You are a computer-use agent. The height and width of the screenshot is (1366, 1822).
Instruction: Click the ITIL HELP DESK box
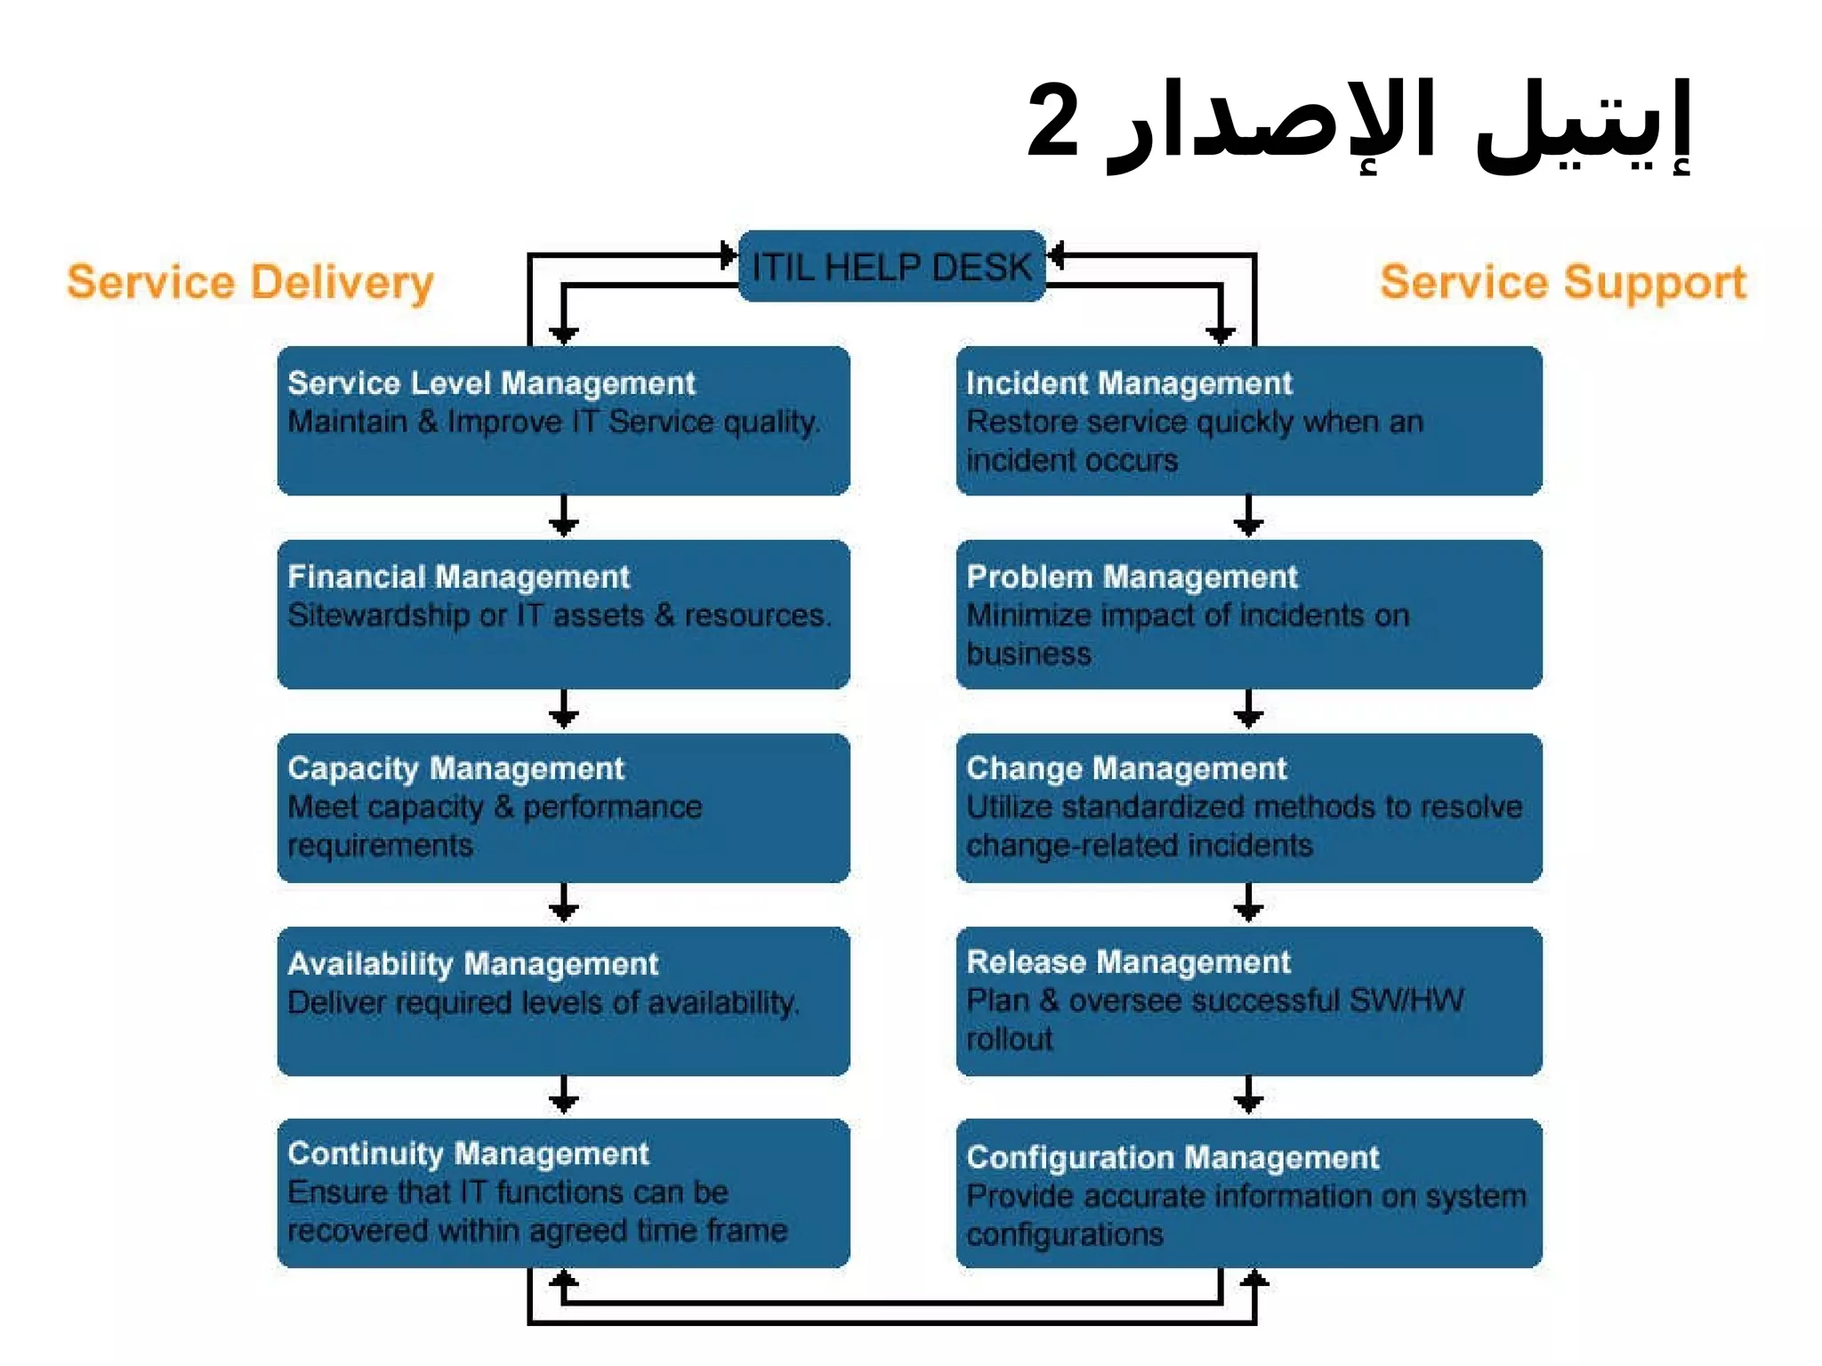click(x=891, y=267)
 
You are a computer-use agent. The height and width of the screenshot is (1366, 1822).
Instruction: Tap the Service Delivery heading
click(x=250, y=283)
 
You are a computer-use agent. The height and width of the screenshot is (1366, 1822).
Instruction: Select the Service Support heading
click(x=1563, y=283)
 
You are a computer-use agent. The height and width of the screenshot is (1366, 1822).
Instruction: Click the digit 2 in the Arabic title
click(x=1053, y=120)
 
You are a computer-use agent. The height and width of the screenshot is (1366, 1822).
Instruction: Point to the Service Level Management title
click(x=491, y=383)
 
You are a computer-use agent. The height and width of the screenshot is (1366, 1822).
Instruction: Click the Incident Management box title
click(x=1128, y=383)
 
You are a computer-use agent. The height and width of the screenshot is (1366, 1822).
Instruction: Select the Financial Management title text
click(x=458, y=577)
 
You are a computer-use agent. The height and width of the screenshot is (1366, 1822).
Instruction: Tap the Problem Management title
click(x=1132, y=577)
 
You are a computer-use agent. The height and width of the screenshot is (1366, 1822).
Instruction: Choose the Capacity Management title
click(x=455, y=769)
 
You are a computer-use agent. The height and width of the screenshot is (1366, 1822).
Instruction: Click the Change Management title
click(x=1126, y=769)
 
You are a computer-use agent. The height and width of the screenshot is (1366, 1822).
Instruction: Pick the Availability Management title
click(x=472, y=964)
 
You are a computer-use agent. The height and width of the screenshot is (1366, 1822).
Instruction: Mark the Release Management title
click(x=1128, y=962)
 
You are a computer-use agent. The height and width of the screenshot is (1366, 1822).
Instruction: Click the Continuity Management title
click(x=468, y=1154)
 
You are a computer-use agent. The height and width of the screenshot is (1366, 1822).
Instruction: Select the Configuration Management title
click(x=1173, y=1158)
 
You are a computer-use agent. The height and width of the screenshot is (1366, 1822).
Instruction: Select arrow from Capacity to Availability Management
click(x=564, y=904)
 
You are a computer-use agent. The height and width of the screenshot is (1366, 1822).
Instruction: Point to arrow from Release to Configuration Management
click(x=1248, y=1097)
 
